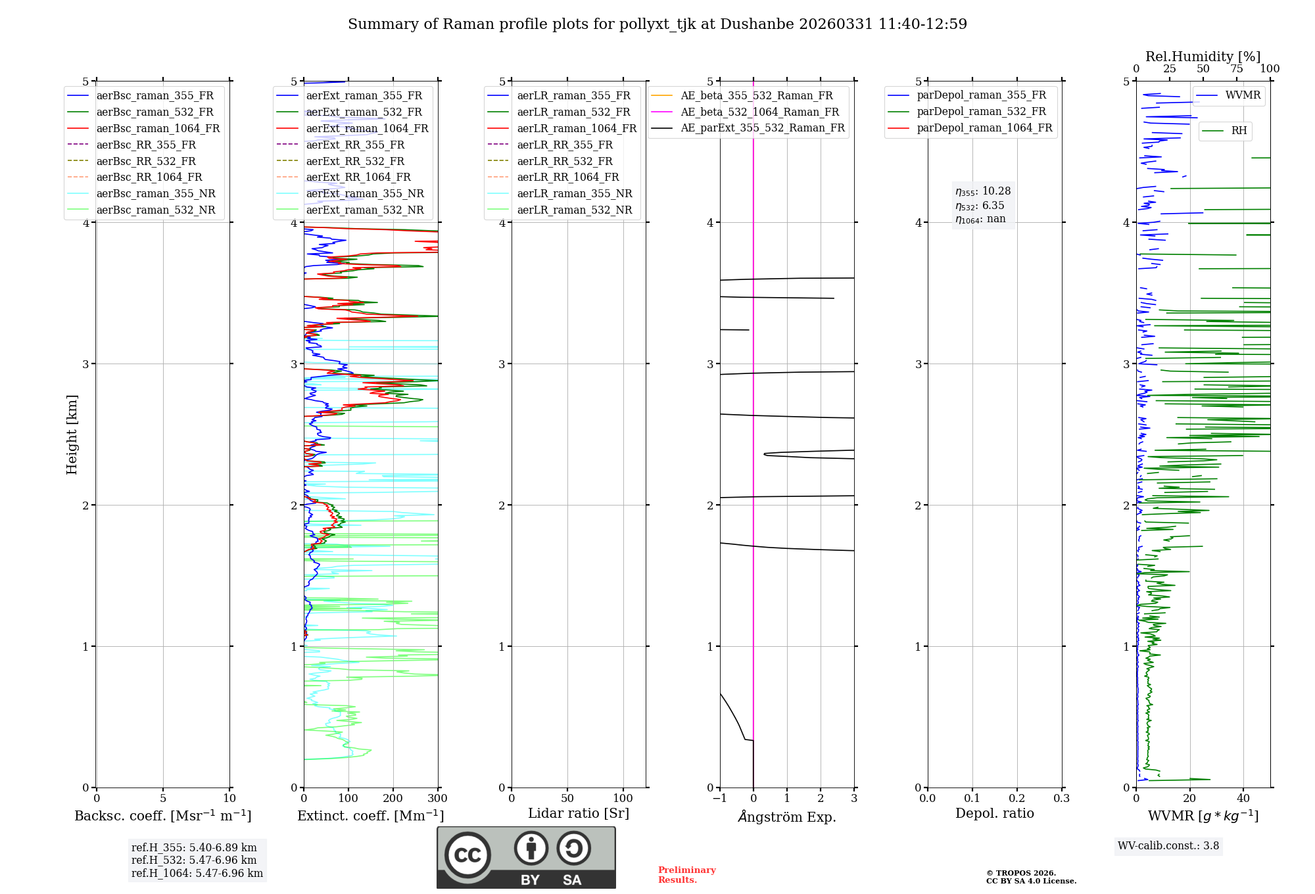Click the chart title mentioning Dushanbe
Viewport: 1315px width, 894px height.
point(657,24)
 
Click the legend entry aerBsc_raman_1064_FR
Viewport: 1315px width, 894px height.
point(158,129)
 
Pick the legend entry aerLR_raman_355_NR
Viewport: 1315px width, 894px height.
point(574,194)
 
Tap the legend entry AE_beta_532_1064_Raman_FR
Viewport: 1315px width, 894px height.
point(759,112)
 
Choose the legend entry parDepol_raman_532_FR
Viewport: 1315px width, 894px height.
point(981,112)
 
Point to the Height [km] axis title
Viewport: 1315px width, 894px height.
point(72,435)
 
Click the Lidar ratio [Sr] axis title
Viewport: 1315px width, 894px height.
point(579,814)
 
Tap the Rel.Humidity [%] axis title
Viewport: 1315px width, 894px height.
point(1203,57)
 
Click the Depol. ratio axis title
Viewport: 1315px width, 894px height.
point(994,814)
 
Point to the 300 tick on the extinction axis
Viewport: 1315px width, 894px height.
point(438,799)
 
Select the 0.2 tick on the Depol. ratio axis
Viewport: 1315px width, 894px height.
point(1017,799)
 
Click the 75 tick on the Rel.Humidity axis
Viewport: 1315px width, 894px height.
point(1237,69)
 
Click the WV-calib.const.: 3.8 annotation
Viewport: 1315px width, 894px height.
point(1168,846)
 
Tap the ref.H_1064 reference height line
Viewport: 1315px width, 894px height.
point(197,874)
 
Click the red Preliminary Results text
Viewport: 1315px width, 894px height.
point(686,875)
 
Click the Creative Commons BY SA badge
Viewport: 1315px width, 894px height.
point(526,857)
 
